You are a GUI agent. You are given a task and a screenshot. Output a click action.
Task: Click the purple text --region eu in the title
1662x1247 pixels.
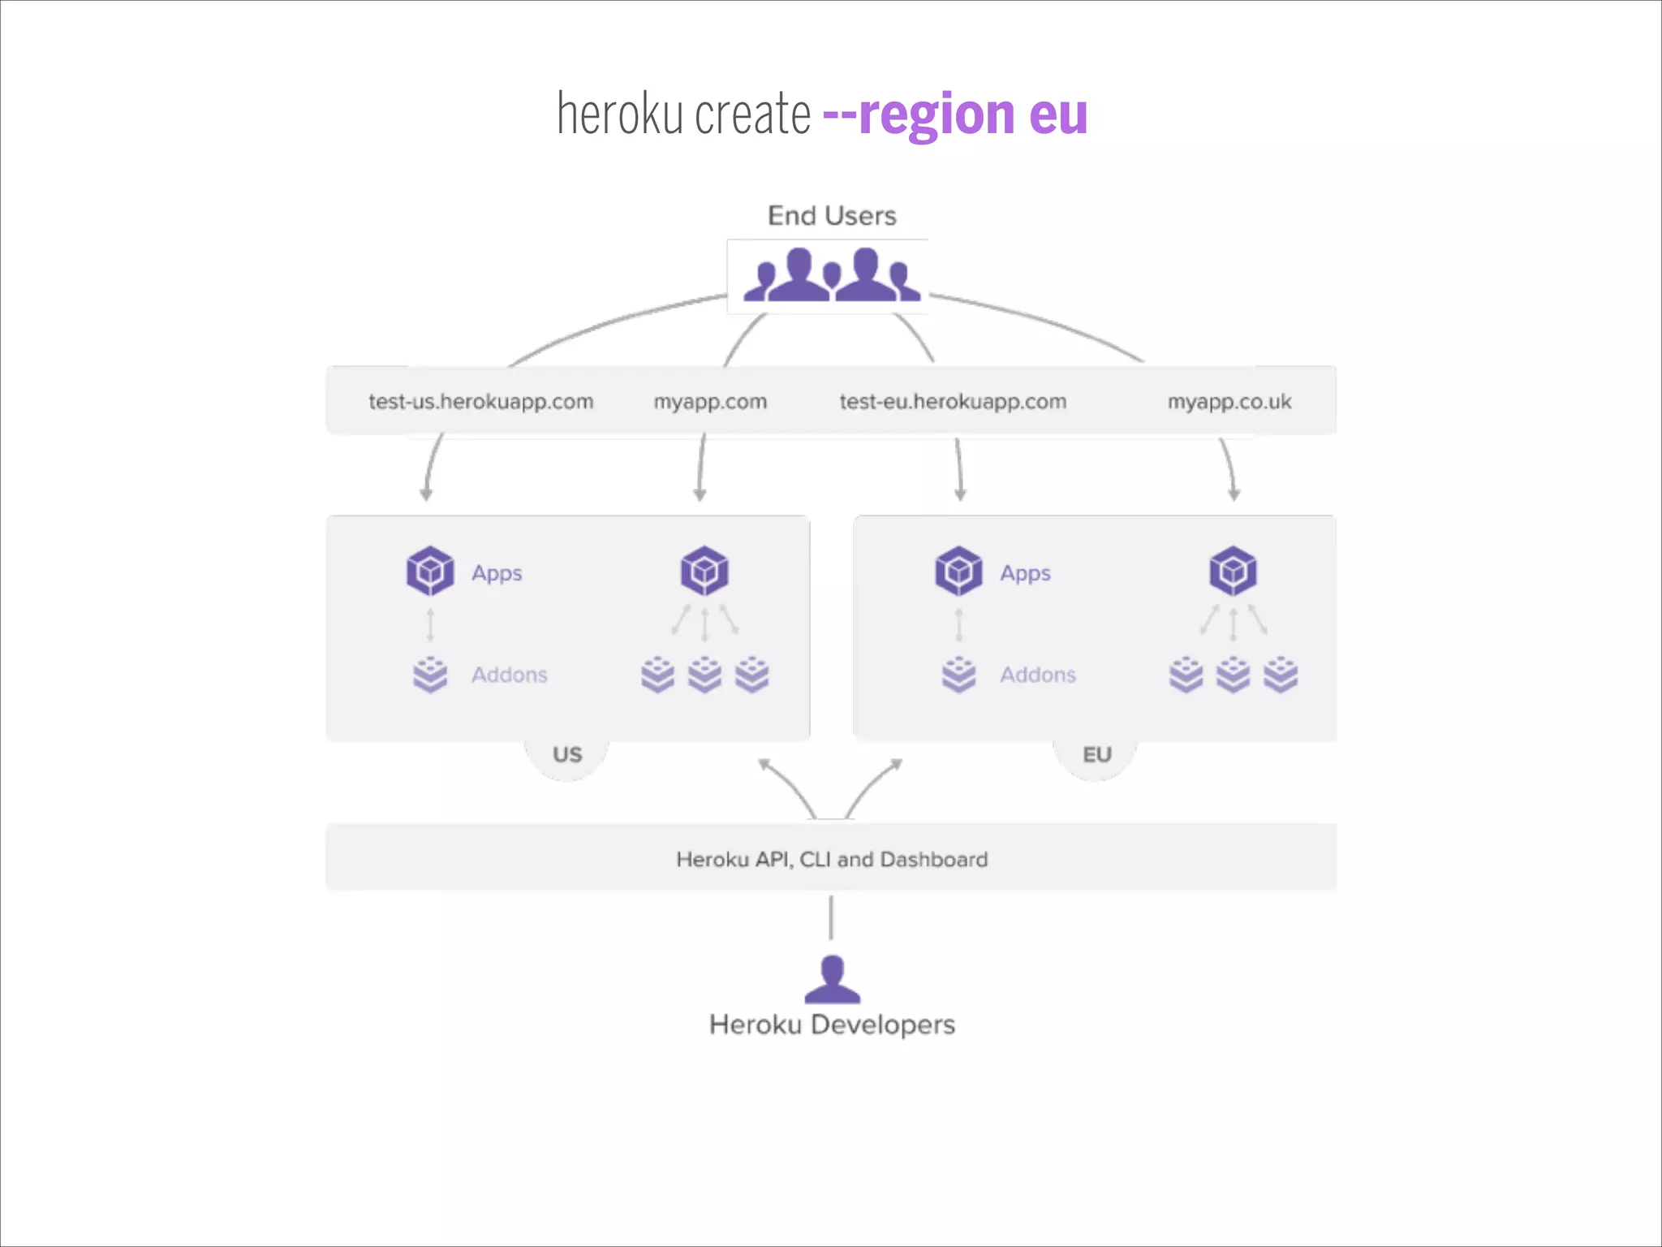[954, 115]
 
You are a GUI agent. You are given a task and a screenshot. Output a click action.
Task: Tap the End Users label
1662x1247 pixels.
[832, 216]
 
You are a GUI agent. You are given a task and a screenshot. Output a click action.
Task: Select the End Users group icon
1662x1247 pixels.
[832, 275]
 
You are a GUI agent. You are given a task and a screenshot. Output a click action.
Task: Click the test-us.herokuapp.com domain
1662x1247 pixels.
[481, 402]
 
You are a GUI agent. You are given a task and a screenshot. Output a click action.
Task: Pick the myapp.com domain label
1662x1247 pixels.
[710, 402]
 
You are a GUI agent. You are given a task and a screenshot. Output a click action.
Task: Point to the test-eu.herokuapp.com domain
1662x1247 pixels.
[953, 402]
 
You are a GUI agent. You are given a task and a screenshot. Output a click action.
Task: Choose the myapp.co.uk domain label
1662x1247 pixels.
[1229, 402]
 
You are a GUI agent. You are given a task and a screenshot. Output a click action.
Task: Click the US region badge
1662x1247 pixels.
[567, 755]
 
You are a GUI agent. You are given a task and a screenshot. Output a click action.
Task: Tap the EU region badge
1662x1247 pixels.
[1096, 755]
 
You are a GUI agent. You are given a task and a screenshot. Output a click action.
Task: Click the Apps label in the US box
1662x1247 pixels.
[497, 573]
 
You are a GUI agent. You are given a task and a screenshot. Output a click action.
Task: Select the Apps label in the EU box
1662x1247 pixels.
[1025, 573]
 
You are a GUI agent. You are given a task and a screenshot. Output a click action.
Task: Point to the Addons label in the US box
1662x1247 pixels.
[510, 675]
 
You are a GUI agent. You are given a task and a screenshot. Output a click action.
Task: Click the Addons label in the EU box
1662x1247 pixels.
[1038, 675]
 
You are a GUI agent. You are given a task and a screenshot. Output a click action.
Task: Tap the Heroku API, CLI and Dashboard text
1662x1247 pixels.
[832, 859]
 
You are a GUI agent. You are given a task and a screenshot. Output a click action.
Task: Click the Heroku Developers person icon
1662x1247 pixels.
[832, 980]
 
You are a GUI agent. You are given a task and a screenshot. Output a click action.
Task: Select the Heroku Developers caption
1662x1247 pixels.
[832, 1025]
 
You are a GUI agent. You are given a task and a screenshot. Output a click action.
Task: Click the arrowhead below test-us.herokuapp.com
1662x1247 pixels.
[426, 494]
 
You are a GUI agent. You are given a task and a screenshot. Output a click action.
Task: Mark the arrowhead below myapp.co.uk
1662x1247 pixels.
[1234, 494]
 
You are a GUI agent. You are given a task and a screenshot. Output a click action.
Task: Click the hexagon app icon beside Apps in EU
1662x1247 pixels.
[958, 571]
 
